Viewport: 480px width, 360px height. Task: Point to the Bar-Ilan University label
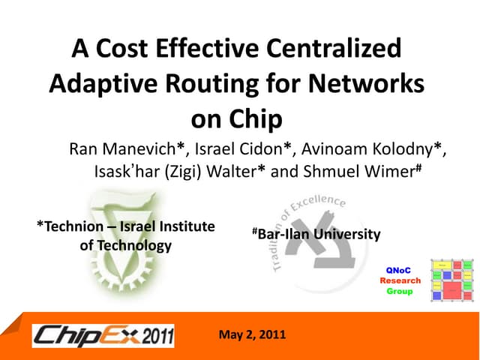[x=318, y=235]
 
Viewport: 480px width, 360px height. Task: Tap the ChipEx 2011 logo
[x=103, y=335]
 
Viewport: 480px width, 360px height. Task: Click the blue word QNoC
[x=399, y=269]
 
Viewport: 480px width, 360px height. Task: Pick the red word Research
[x=400, y=280]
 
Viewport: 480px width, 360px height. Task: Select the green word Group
[x=400, y=290]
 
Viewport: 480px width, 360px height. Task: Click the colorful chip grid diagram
[x=451, y=280]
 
